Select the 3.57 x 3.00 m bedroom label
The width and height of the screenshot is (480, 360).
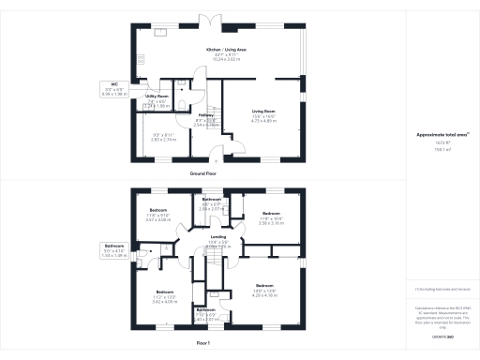point(157,216)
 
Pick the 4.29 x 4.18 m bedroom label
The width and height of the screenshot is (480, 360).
point(264,289)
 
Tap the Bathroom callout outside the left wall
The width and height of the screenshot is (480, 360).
point(112,250)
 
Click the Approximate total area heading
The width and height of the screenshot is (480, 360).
point(442,134)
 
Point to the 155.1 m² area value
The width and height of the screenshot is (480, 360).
point(442,148)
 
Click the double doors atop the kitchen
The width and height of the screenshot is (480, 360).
point(216,21)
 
